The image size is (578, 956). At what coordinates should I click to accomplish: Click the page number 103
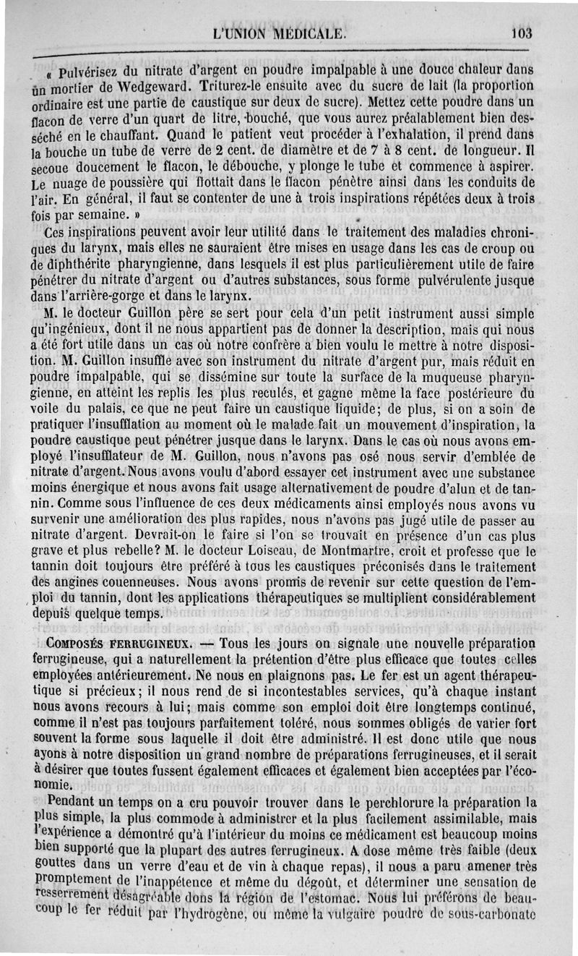[520, 33]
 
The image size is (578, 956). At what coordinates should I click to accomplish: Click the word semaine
[104, 215]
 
